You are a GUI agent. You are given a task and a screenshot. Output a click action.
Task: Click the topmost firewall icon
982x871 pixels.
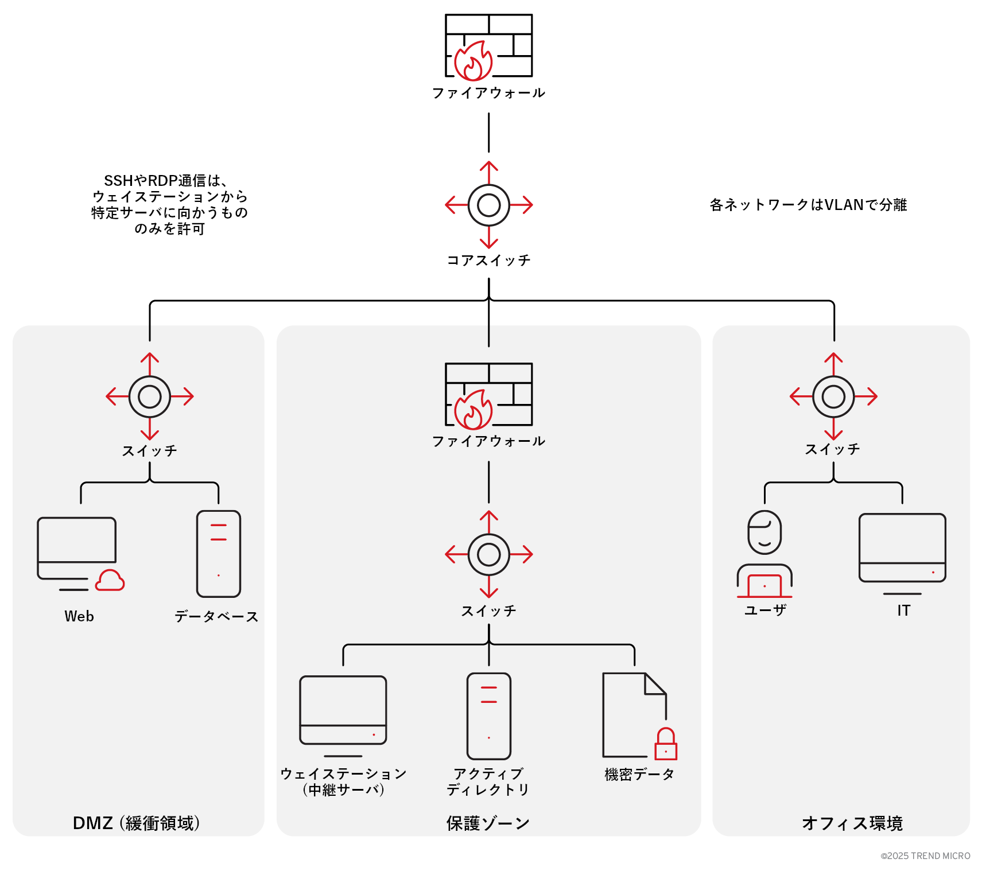click(x=488, y=46)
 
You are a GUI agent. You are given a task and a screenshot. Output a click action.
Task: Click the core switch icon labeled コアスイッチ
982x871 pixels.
click(x=488, y=205)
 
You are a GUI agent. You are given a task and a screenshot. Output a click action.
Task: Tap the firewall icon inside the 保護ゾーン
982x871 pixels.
click(x=488, y=395)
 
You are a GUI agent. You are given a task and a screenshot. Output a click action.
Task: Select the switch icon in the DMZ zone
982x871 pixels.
click(x=150, y=396)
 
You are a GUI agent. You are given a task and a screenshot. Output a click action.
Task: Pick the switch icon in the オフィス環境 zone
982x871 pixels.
click(x=833, y=396)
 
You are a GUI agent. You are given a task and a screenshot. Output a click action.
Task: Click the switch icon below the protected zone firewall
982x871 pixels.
click(x=488, y=554)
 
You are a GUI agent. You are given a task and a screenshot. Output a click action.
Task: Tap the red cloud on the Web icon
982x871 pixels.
click(x=110, y=581)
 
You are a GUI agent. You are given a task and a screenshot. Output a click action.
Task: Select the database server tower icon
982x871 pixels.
click(x=219, y=554)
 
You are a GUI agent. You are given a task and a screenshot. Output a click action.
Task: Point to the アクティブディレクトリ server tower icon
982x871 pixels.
click(x=488, y=716)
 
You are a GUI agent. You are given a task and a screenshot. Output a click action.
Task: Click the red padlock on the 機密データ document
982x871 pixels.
click(x=666, y=745)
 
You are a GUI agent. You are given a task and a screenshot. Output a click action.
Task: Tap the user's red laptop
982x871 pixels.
click(x=764, y=586)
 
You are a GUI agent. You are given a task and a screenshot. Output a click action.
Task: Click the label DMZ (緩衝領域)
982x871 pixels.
click(x=137, y=823)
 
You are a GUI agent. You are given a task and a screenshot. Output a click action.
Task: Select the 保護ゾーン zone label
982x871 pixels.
click(x=488, y=823)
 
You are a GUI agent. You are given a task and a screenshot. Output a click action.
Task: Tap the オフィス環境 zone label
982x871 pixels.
click(x=852, y=823)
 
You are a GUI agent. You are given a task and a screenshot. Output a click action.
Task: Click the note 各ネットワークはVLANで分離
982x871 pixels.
click(x=808, y=205)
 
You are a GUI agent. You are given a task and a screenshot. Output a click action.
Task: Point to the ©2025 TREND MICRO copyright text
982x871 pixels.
click(x=925, y=856)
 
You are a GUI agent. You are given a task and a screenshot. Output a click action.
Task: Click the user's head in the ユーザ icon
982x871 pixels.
click(x=764, y=532)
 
